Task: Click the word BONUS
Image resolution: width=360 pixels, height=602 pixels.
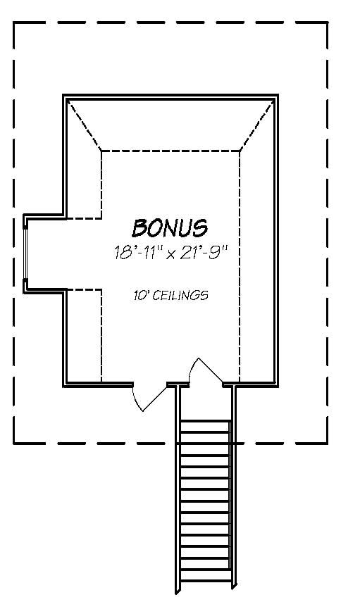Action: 170,227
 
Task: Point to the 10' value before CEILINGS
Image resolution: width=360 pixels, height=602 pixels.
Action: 141,296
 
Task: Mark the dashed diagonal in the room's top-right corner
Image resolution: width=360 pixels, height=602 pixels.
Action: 256,125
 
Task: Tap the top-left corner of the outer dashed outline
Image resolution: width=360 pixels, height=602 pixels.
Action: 15,23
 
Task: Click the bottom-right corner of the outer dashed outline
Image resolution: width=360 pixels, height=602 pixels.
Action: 328,443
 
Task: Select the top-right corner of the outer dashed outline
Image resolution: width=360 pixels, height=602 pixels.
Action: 328,23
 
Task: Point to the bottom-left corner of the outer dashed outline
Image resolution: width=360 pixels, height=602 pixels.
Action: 15,443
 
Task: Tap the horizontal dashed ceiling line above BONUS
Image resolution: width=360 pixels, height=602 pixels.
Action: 170,150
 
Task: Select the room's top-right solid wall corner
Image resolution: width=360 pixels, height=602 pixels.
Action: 275,96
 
